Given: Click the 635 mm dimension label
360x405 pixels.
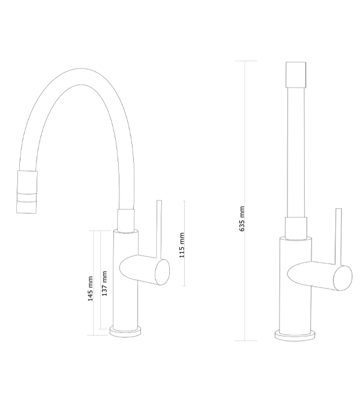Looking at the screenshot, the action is tap(242, 219).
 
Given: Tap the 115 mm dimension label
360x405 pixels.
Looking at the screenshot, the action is tap(182, 245).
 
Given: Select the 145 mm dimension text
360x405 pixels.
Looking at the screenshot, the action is tap(90, 289).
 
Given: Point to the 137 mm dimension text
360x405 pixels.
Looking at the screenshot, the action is tap(104, 283).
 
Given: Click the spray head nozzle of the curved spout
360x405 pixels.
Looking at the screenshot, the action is tap(26, 192).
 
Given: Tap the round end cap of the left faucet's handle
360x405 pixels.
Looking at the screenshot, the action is tap(162, 272).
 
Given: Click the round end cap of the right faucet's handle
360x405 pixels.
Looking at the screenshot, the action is tap(343, 278).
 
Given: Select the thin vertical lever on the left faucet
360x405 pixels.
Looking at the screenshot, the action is tap(159, 229).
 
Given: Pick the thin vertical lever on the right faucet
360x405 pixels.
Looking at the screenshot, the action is tap(338, 237).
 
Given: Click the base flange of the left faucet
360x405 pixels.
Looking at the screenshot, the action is tap(125, 331).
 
